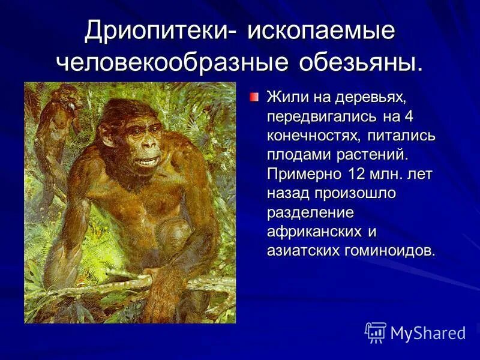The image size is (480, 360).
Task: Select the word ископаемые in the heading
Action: pyautogui.click(x=322, y=31)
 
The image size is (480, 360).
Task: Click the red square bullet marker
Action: pyautogui.click(x=256, y=96)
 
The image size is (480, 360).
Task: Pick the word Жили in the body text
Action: pyautogui.click(x=285, y=97)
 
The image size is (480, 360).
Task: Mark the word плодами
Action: pyautogui.click(x=296, y=155)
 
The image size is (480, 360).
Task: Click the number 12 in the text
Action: pyautogui.click(x=353, y=174)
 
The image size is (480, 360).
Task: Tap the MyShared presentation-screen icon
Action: pyautogui.click(x=376, y=332)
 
